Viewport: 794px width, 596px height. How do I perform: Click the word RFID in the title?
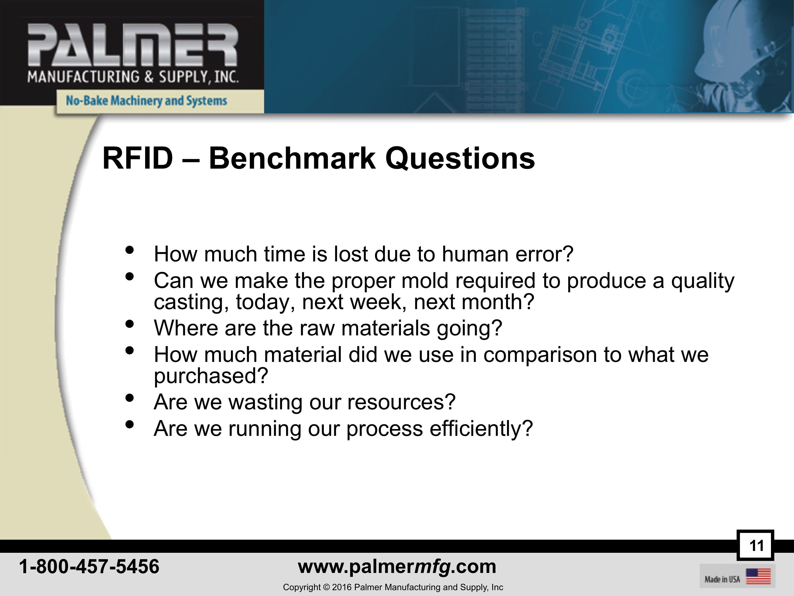point(138,159)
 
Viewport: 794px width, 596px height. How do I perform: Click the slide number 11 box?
point(755,545)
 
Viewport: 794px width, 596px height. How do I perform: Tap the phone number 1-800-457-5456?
point(89,566)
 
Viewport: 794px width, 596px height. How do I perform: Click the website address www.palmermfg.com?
point(397,567)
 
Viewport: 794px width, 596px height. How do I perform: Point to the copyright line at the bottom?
point(393,587)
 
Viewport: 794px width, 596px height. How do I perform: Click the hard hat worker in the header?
point(750,54)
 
